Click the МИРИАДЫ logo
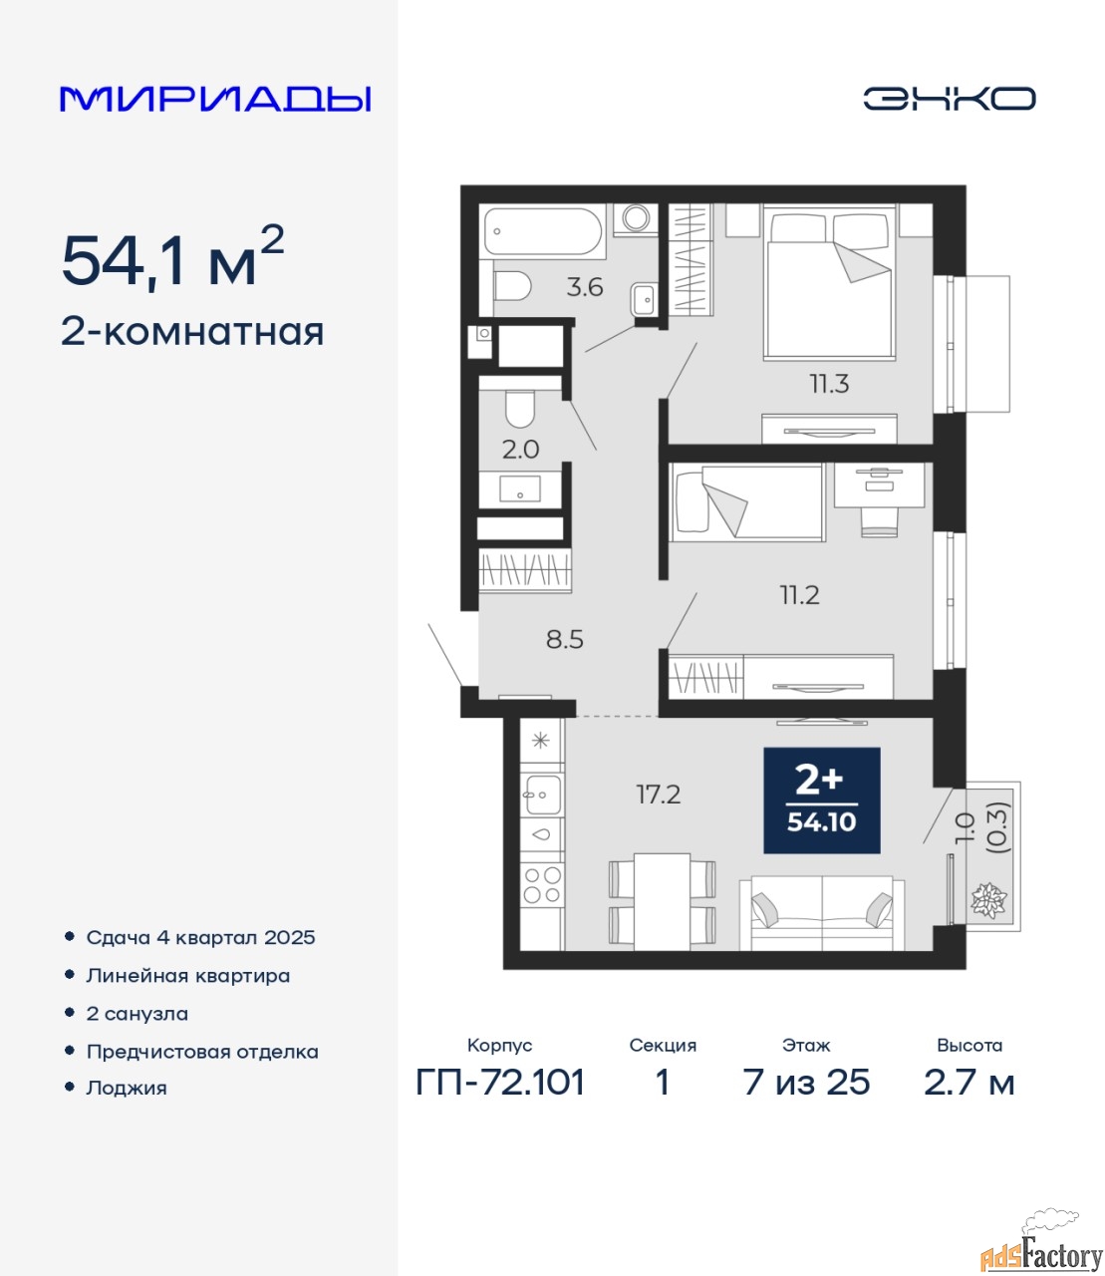pos(215,99)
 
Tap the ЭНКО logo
pos(949,99)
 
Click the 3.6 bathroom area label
pos(584,288)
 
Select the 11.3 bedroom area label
pos(829,384)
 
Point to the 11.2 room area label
pos(799,595)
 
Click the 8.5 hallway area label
pos(565,640)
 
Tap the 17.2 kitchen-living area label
pos(659,795)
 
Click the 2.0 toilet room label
pos(520,450)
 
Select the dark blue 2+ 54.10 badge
pos(822,800)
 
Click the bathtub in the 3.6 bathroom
pos(543,231)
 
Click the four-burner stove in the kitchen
pos(542,885)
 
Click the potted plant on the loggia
pos(989,900)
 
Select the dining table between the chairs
pos(662,902)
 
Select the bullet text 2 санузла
pos(137,1014)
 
